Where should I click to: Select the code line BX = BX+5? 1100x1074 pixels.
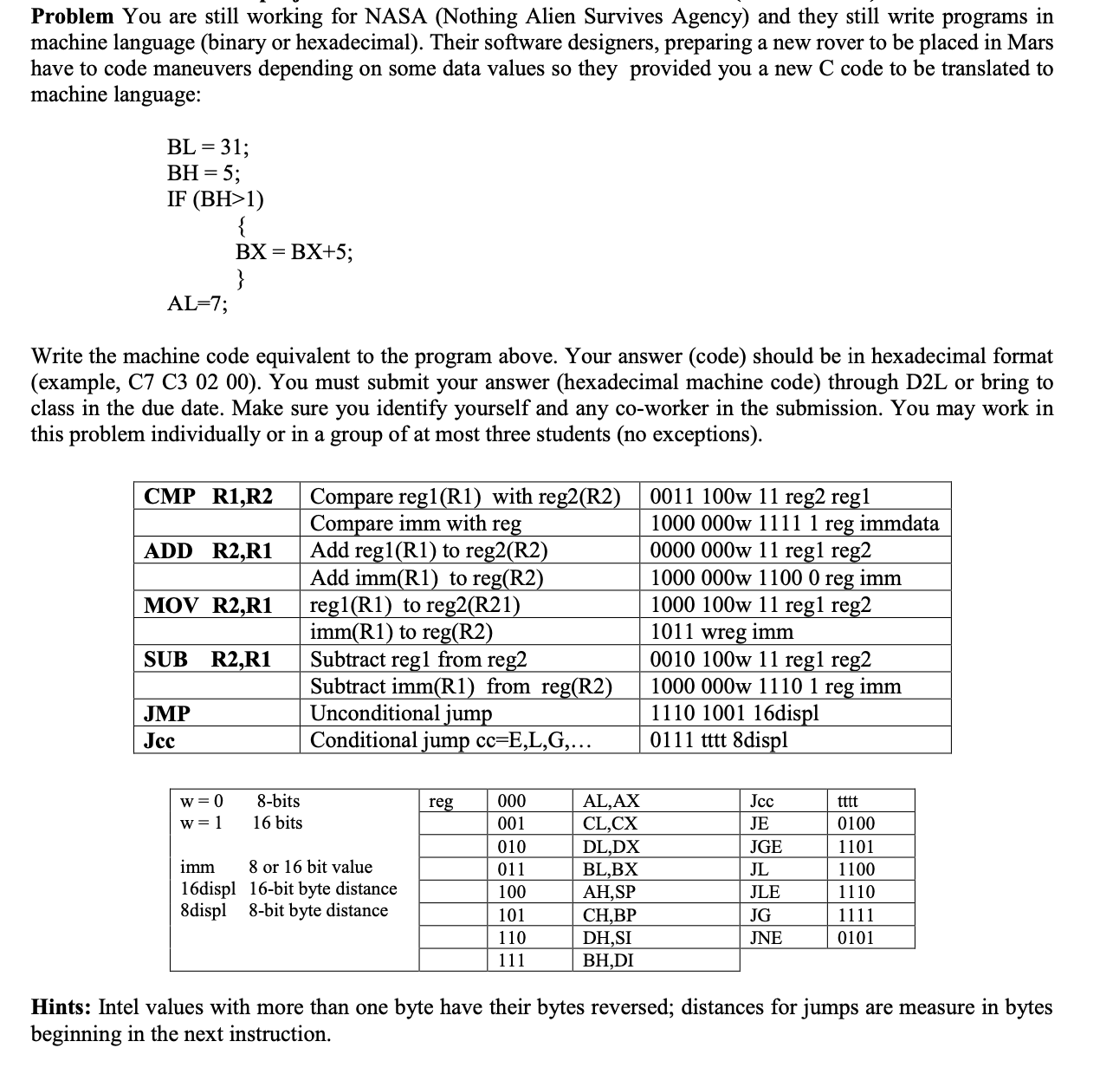pyautogui.click(x=294, y=252)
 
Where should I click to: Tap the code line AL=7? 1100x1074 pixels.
pyautogui.click(x=197, y=304)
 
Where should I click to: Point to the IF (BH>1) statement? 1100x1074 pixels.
pyautogui.click(x=215, y=199)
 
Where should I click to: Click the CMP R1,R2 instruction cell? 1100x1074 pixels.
pyautogui.click(x=209, y=497)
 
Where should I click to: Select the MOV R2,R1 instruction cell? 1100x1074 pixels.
pyautogui.click(x=209, y=606)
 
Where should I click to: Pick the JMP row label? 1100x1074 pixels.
pyautogui.click(x=167, y=714)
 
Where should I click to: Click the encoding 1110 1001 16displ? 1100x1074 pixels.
pyautogui.click(x=734, y=713)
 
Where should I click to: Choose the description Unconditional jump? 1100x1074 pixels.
pyautogui.click(x=400, y=713)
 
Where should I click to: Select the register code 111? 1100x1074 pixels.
pyautogui.click(x=511, y=960)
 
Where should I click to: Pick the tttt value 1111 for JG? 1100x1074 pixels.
pyautogui.click(x=856, y=915)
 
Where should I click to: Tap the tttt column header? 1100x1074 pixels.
pyautogui.click(x=848, y=802)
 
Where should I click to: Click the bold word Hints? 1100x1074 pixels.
pyautogui.click(x=62, y=1007)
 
